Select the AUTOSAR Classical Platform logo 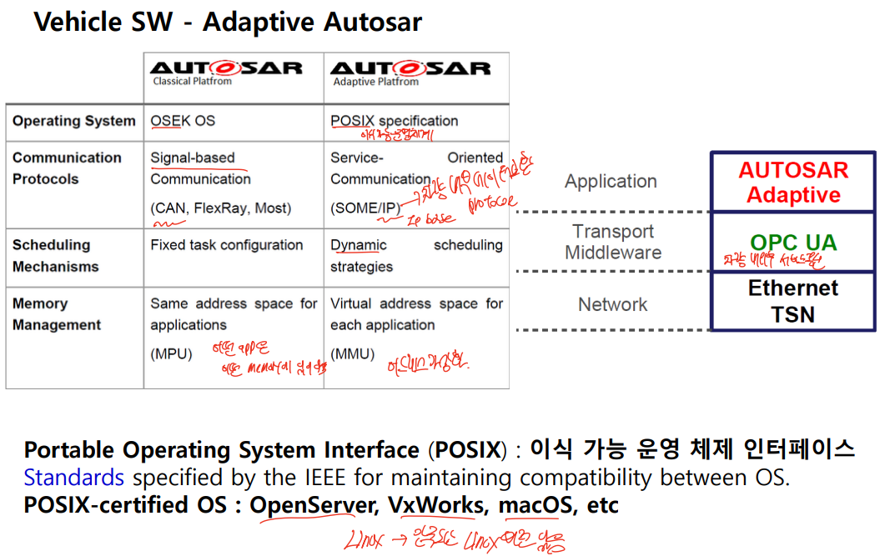(225, 72)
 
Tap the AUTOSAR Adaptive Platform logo (410, 72)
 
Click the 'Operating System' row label (73, 121)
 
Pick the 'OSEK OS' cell (183, 121)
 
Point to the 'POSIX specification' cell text (394, 121)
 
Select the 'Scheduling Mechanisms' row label (55, 256)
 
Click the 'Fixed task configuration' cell (226, 245)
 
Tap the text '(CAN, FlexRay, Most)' (221, 208)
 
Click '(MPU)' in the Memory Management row (171, 353)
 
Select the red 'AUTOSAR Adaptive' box (792, 183)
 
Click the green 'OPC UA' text (792, 243)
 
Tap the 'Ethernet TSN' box (792, 302)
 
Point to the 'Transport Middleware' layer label (613, 242)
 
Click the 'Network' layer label (613, 305)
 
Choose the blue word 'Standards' (73, 478)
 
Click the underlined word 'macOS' (535, 505)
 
